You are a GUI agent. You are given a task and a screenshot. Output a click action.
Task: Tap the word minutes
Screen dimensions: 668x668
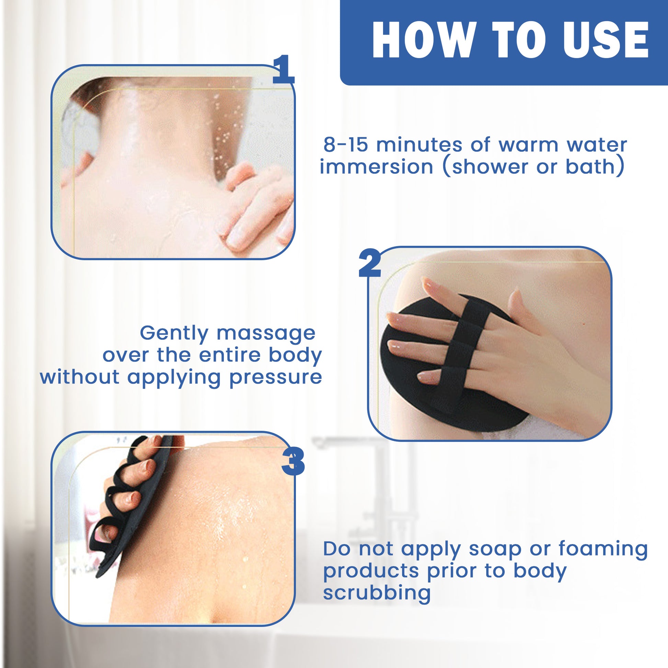pyautogui.click(x=419, y=145)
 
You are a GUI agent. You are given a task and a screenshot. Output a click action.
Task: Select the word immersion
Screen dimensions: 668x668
pyautogui.click(x=376, y=167)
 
